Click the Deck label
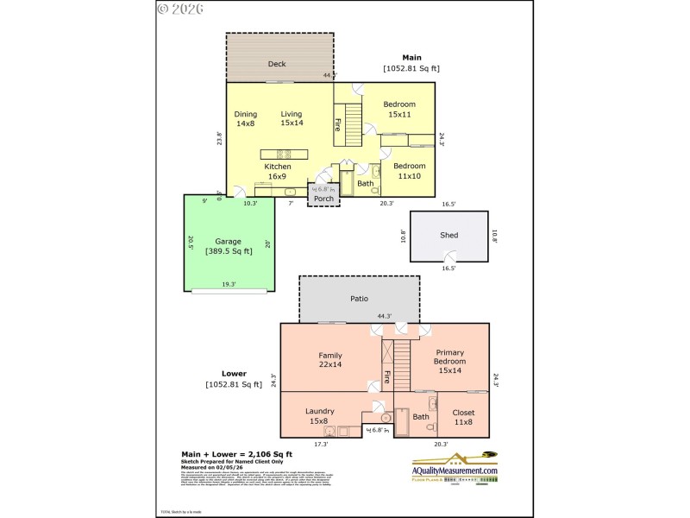point(277,64)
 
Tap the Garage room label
point(229,242)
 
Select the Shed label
point(448,235)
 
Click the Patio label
point(359,299)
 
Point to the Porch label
point(323,199)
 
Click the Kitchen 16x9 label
point(278,171)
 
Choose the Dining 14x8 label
point(246,118)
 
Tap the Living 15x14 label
point(292,118)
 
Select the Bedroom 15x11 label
point(400,110)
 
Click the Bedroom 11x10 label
point(410,171)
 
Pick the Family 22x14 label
point(330,360)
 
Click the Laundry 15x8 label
point(320,416)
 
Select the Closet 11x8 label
point(463,417)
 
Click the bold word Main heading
point(411,57)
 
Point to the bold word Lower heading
point(210,374)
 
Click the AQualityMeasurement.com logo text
point(455,471)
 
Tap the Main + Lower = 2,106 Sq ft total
point(236,454)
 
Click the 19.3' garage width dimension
point(229,283)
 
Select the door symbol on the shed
point(448,255)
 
